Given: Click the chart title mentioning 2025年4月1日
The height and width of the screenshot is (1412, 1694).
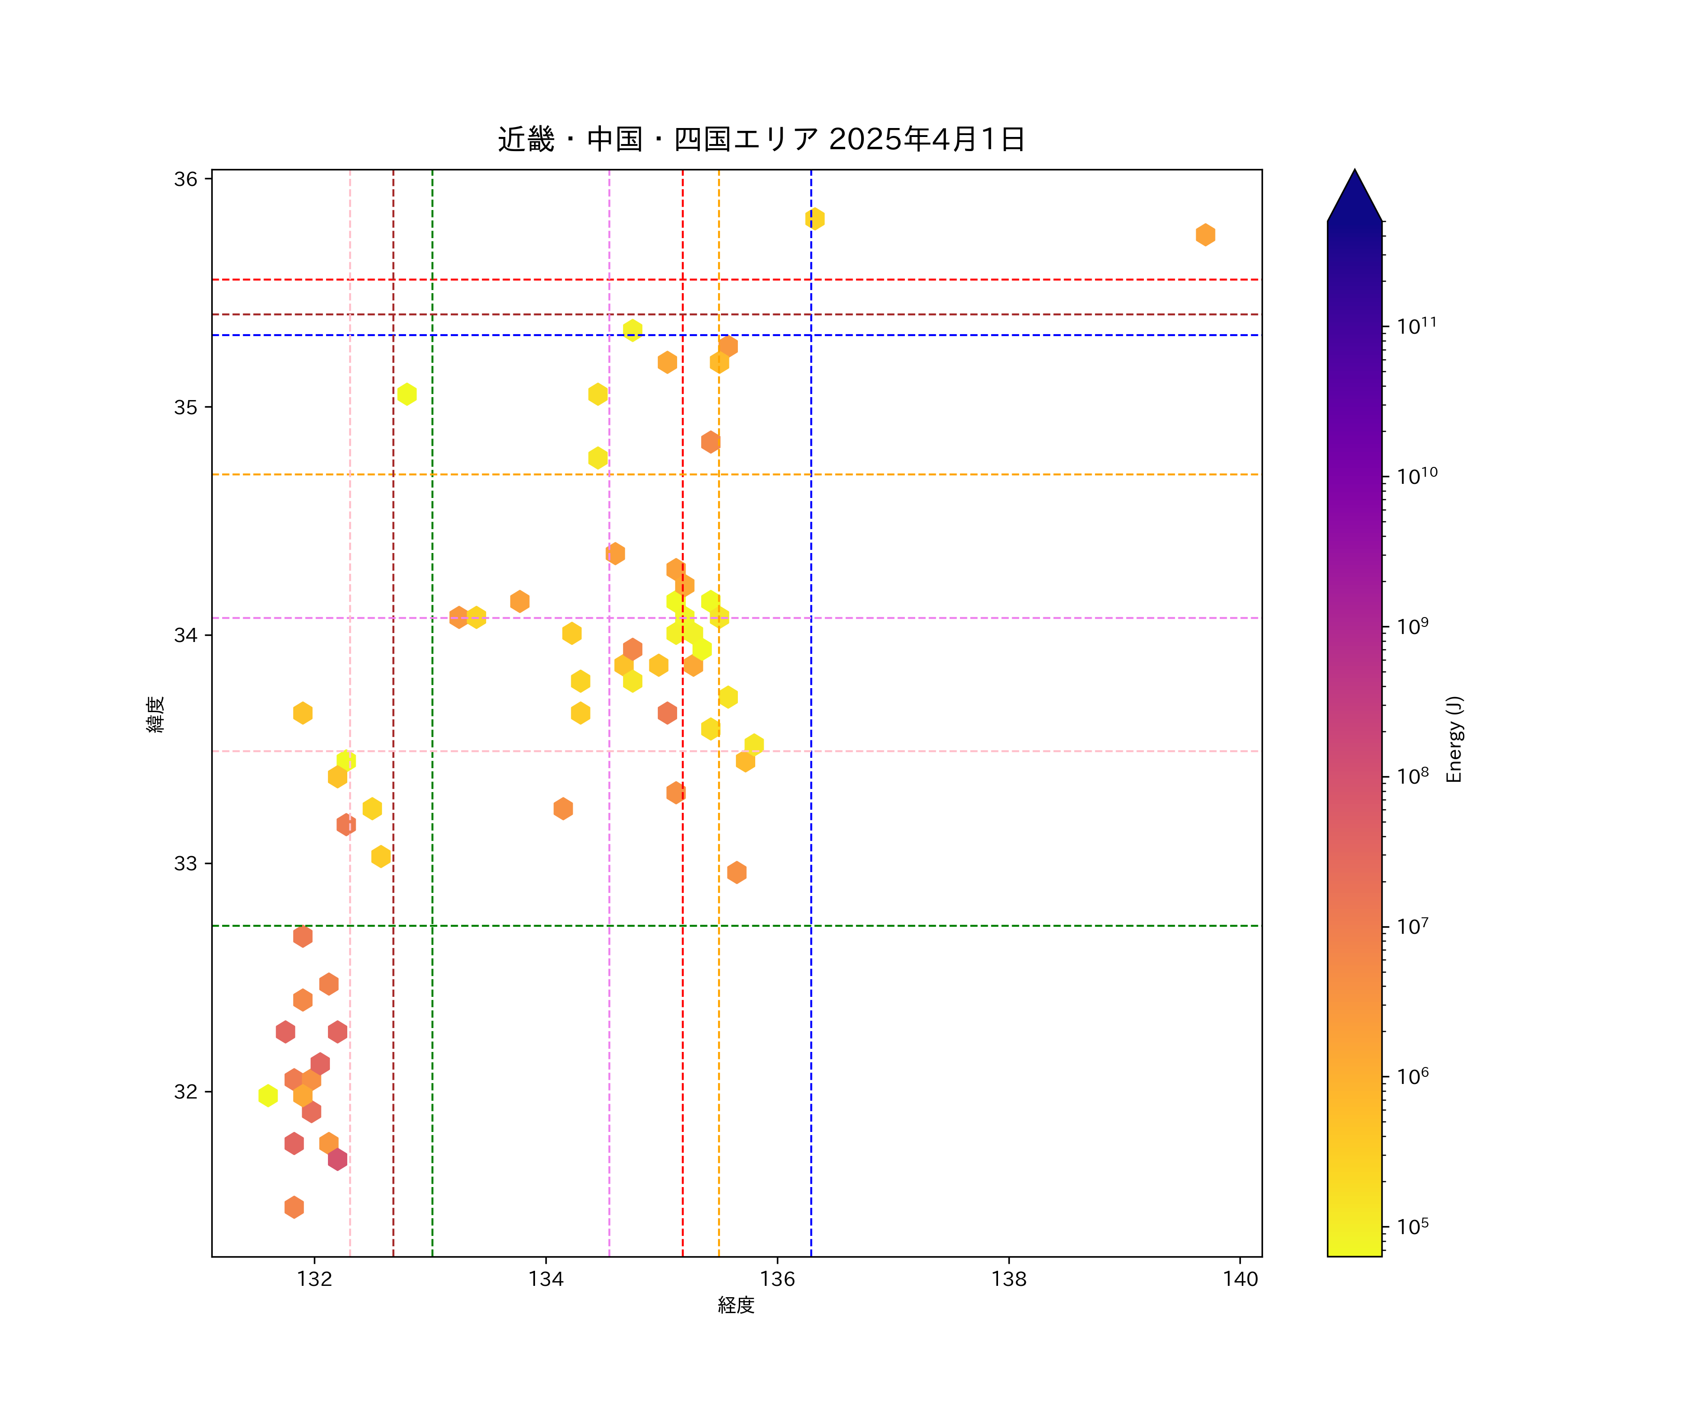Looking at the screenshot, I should [x=761, y=140].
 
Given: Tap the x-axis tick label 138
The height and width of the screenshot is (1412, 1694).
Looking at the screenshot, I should [x=1008, y=1279].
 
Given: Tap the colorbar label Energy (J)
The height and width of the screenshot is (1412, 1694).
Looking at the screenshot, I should [x=1454, y=739].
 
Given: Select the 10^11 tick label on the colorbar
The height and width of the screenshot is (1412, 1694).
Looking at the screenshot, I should [x=1416, y=326].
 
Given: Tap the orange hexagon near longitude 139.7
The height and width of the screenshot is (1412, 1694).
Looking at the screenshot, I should [x=1205, y=235].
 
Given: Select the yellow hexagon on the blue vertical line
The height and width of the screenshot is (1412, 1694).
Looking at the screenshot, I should [x=815, y=219].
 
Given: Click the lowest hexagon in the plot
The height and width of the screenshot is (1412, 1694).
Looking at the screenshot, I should [x=295, y=1207].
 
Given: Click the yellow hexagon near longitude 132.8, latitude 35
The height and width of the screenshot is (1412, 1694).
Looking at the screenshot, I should [x=407, y=394].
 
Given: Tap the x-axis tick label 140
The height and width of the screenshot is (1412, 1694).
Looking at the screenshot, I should [x=1240, y=1279].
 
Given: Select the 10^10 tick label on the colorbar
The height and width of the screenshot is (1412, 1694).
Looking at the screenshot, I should [x=1416, y=476].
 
